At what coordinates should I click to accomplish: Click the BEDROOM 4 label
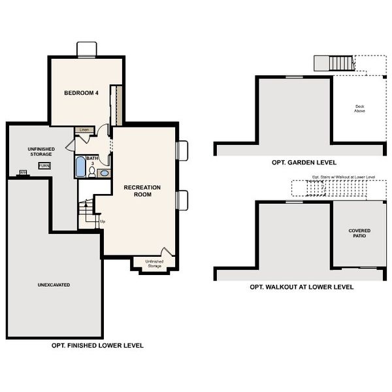[x=80, y=93]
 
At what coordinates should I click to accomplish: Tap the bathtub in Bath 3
[x=80, y=167]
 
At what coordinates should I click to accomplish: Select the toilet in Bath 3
[x=92, y=172]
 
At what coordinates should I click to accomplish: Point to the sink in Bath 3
[x=104, y=173]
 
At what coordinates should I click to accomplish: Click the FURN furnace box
[x=44, y=166]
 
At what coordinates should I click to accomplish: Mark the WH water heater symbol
[x=23, y=172]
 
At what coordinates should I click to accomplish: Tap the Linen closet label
[x=84, y=130]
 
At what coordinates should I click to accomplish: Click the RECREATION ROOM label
[x=142, y=191]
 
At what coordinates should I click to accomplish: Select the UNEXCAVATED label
[x=54, y=286]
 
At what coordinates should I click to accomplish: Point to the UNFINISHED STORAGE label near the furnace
[x=41, y=152]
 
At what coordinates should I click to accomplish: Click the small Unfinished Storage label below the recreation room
[x=155, y=264]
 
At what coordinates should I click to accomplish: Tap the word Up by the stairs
[x=103, y=221]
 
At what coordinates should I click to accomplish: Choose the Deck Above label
[x=359, y=108]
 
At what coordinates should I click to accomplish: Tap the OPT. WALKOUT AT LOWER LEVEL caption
[x=301, y=287]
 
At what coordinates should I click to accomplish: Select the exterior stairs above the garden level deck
[x=340, y=63]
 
